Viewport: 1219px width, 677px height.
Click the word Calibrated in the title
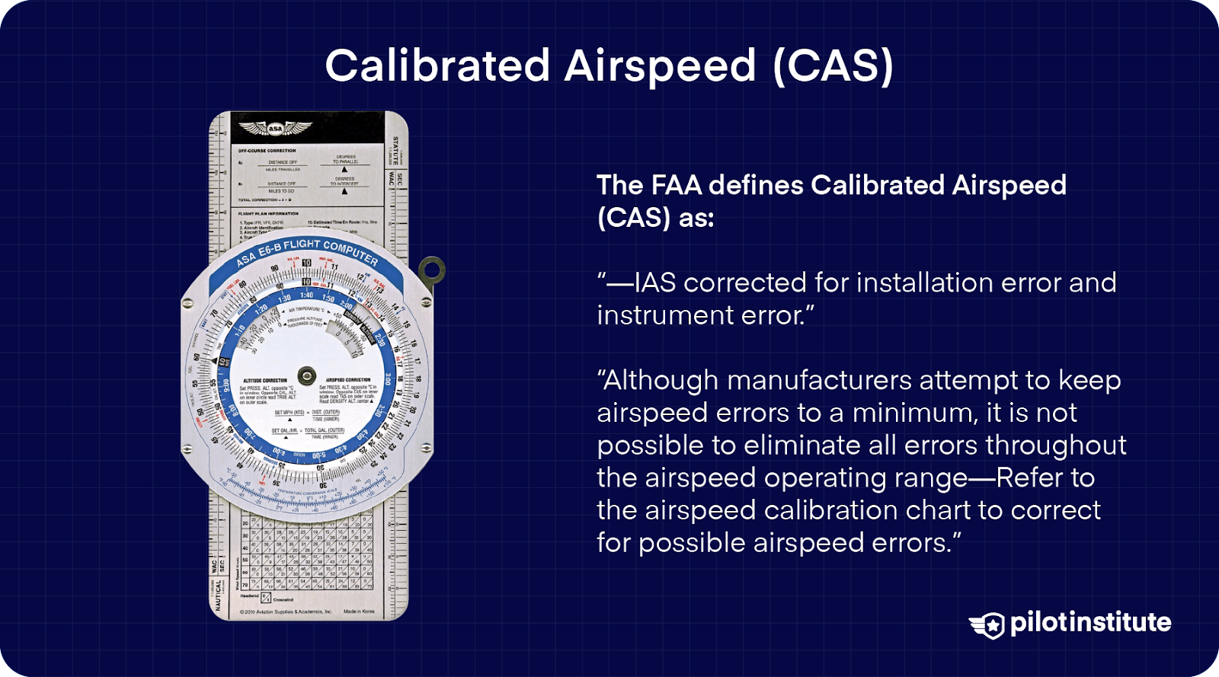(x=437, y=65)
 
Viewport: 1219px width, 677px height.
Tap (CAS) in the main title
(x=832, y=65)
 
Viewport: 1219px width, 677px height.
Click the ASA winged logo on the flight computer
(x=274, y=129)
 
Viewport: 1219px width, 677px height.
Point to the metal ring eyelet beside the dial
(x=432, y=270)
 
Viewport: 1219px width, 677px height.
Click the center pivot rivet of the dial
(x=306, y=375)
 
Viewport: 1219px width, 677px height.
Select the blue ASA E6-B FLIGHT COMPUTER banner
(x=308, y=252)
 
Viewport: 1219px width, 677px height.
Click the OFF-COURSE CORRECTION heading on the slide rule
(x=267, y=151)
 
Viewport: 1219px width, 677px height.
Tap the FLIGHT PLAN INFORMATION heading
(x=268, y=214)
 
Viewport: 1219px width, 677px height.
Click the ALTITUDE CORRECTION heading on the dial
(x=264, y=380)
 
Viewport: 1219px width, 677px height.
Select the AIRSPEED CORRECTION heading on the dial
(x=348, y=379)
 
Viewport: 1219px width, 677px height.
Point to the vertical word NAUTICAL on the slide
(x=218, y=595)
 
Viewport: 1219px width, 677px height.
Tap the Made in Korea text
(x=359, y=612)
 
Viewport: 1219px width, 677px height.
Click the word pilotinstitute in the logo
(x=1090, y=623)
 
